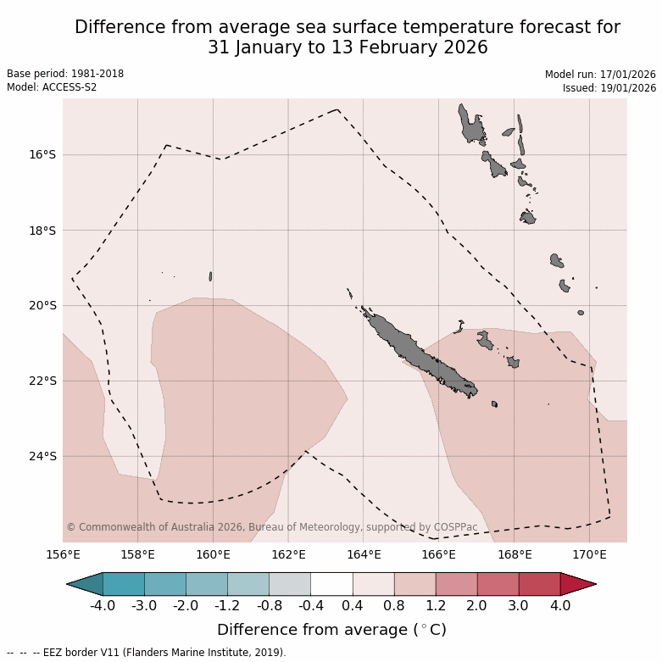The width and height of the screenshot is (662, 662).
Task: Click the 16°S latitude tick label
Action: (x=42, y=155)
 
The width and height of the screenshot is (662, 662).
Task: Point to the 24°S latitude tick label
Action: (x=42, y=456)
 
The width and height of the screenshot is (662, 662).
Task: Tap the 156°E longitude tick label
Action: (x=63, y=555)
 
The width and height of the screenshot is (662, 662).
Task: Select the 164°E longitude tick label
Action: (x=364, y=555)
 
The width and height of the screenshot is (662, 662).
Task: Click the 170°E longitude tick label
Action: (x=589, y=555)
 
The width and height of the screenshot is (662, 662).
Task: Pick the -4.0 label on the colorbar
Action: (x=103, y=606)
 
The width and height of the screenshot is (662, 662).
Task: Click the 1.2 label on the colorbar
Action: (x=436, y=606)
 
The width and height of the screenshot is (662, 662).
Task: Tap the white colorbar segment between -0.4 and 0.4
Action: (x=331, y=584)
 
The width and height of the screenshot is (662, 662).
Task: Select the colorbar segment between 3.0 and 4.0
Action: (x=539, y=584)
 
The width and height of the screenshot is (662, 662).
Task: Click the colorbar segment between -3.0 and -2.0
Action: (x=165, y=584)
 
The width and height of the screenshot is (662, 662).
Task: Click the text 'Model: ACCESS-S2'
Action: (x=51, y=87)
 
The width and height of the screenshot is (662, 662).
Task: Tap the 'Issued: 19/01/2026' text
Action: (x=609, y=88)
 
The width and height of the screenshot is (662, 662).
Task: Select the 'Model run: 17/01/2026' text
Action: (x=600, y=75)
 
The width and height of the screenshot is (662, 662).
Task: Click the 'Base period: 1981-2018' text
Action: (x=65, y=74)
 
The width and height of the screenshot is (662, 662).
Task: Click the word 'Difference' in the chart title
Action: (x=119, y=27)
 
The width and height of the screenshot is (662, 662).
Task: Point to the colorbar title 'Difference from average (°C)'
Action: (x=331, y=630)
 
